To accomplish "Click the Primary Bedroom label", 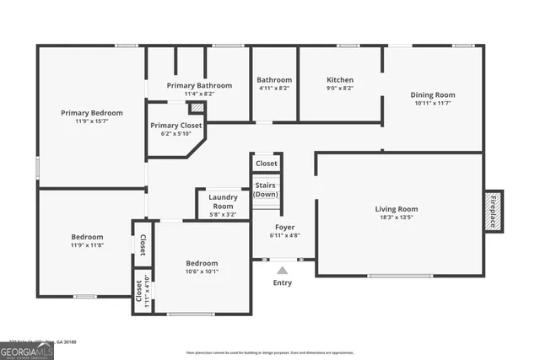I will coord(91,113).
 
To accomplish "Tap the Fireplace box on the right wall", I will coord(494,209).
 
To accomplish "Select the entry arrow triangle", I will coord(282,270).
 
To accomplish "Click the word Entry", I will coord(282,283).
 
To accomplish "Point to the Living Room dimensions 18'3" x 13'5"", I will coord(396,218).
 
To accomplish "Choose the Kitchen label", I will coord(340,80).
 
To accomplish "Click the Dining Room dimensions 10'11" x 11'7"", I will coord(433,103).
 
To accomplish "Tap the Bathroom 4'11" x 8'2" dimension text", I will coord(273,88).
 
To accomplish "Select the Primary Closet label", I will coord(176,125).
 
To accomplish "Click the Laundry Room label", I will coord(223,201).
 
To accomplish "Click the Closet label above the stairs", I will coord(266,164).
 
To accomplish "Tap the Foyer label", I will coord(284,227).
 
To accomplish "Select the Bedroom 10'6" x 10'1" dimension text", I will coord(202,271).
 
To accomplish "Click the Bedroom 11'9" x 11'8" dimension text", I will coord(87,246).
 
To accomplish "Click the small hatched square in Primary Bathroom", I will coord(196,109).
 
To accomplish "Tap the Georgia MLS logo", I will coord(27,349).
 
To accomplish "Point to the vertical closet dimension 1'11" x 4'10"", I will coord(148,291).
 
